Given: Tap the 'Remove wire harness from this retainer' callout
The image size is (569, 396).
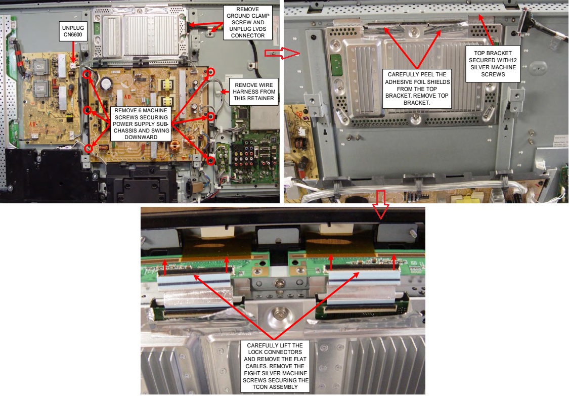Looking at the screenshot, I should pyautogui.click(x=255, y=91).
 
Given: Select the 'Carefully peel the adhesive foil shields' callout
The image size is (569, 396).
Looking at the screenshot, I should pyautogui.click(x=417, y=89).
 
